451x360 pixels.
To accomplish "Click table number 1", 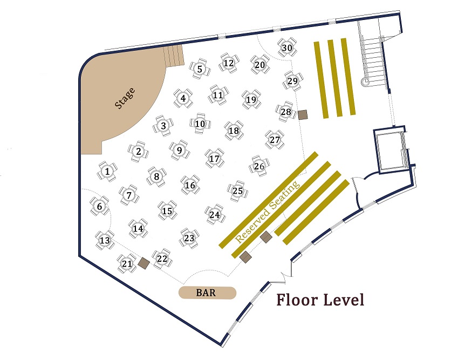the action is pos(107,172).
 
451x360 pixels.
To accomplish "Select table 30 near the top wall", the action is pos(287,47).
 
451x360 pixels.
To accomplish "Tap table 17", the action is pos(214,158).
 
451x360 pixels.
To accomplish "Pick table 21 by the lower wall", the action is pos(127,263).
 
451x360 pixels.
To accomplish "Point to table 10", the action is pos(200,124).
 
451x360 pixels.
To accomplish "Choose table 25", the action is pos(237,191).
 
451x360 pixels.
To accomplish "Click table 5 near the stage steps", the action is pos(200,69).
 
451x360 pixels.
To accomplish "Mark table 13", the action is pos(105,240).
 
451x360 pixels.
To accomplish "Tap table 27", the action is pos(275,140).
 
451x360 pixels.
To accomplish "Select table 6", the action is pos(99,206).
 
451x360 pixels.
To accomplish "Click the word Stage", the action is pos(125,98).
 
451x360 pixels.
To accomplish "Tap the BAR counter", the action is pos(207,293).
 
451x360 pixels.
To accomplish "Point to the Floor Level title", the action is pos(320,300).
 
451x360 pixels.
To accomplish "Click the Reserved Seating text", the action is pos(268,212).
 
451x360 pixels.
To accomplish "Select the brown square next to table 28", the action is pos(303,115).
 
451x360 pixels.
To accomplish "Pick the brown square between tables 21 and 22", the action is pos(143,263).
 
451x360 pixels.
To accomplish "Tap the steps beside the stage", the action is pos(173,56).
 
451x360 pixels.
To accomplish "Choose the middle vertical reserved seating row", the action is pos(335,78).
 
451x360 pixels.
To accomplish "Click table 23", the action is pos(189,238).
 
